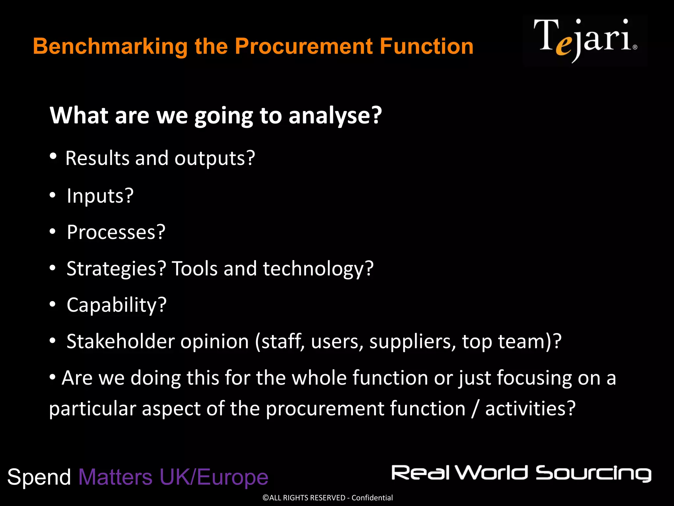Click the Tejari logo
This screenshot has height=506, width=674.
pyautogui.click(x=585, y=40)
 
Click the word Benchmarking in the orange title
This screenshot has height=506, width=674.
pyautogui.click(x=110, y=46)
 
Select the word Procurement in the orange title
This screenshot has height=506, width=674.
pyautogui.click(x=303, y=46)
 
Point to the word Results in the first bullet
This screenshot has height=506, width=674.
pyautogui.click(x=97, y=158)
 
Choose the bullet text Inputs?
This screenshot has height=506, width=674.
pyautogui.click(x=100, y=196)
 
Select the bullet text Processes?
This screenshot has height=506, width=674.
pyautogui.click(x=116, y=232)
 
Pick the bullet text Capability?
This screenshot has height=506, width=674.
pyautogui.click(x=117, y=305)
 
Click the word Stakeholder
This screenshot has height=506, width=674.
pyautogui.click(x=120, y=341)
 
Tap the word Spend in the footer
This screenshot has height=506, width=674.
pyautogui.click(x=39, y=477)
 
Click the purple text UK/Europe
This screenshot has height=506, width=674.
pyautogui.click(x=214, y=477)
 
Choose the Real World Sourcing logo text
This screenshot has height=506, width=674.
pyautogui.click(x=521, y=473)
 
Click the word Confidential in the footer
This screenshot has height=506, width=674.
pyautogui.click(x=372, y=498)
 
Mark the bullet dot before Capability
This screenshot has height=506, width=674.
pyautogui.click(x=53, y=305)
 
